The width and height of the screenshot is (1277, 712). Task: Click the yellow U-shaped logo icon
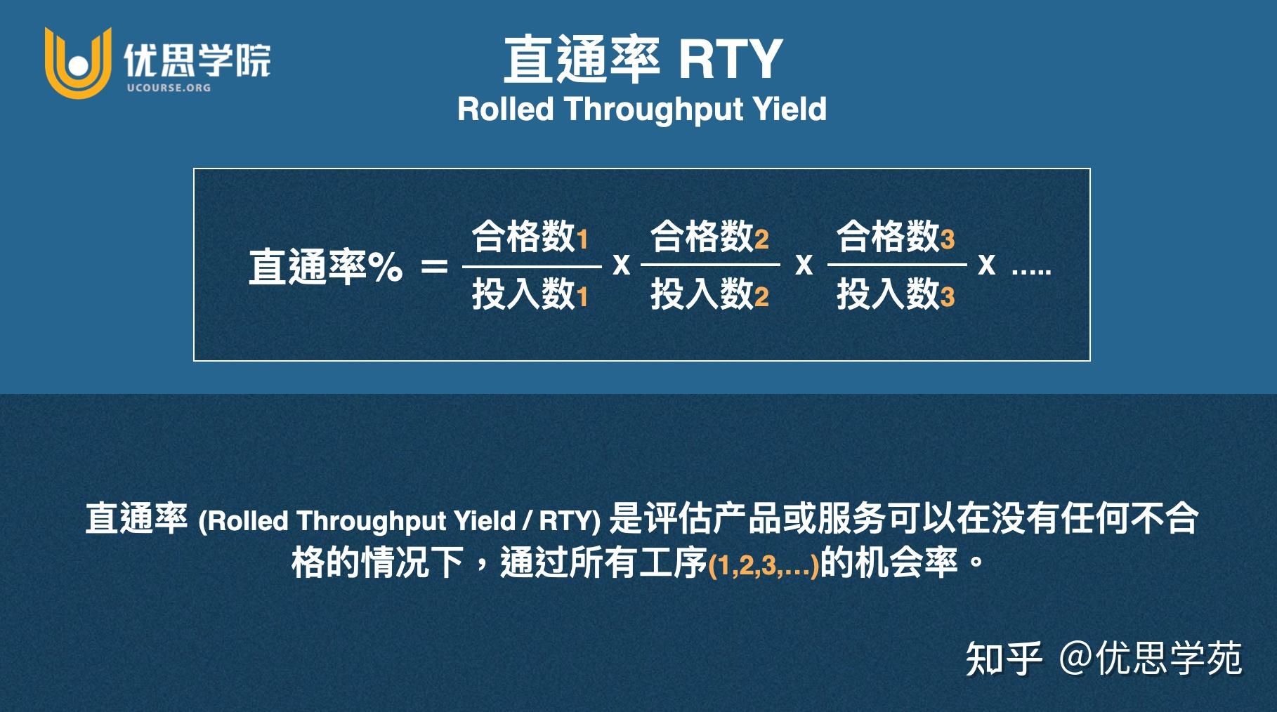pyautogui.click(x=78, y=63)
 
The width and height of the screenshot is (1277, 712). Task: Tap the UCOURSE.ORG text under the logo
pyautogui.click(x=169, y=88)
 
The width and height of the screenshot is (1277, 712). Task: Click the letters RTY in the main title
pyautogui.click(x=730, y=60)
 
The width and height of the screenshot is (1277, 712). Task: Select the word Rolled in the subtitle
pyautogui.click(x=506, y=110)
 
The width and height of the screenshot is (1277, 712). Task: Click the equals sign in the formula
pyautogui.click(x=433, y=267)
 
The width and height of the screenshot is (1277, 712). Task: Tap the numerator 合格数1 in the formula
pyautogui.click(x=530, y=237)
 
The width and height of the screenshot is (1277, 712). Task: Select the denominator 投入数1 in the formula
pyautogui.click(x=530, y=294)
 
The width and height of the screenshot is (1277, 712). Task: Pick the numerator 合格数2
pyautogui.click(x=709, y=237)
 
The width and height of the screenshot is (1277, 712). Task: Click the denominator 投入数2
pyautogui.click(x=709, y=294)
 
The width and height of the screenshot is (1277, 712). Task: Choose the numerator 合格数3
pyautogui.click(x=896, y=237)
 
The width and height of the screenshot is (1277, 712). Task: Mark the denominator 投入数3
pyautogui.click(x=896, y=294)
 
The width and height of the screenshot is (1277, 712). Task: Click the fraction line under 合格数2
pyautogui.click(x=710, y=265)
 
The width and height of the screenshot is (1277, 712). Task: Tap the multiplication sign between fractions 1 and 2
pyautogui.click(x=621, y=265)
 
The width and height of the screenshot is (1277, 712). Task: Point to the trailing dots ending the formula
pyautogui.click(x=1031, y=270)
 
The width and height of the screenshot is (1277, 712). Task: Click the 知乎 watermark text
pyautogui.click(x=1003, y=659)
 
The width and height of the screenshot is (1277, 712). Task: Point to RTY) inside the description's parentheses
pyautogui.click(x=570, y=521)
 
